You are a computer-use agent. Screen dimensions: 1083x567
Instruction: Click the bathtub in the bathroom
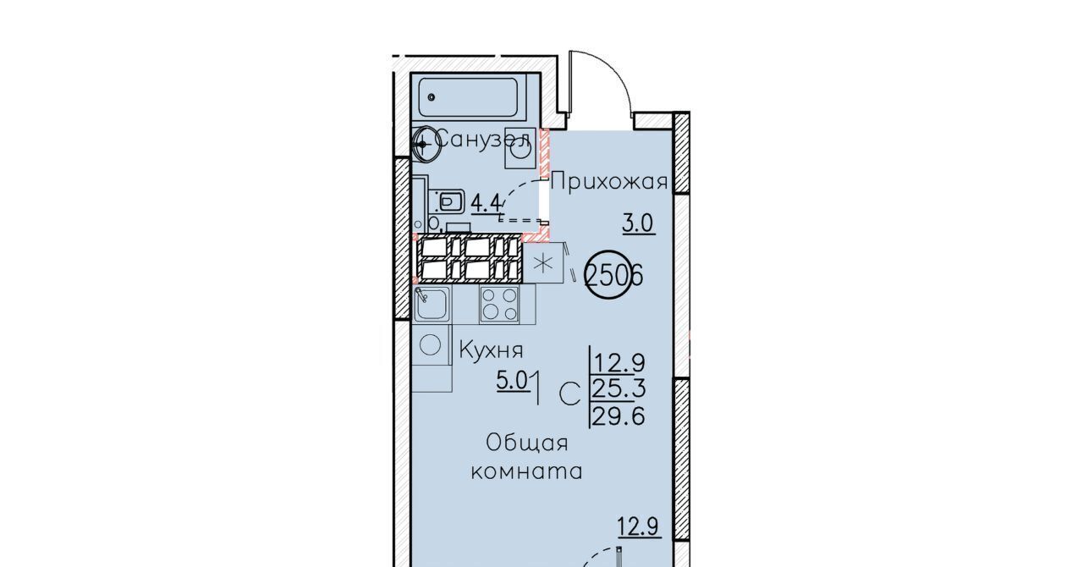(468, 97)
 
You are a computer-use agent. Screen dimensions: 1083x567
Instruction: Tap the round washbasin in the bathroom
(426, 144)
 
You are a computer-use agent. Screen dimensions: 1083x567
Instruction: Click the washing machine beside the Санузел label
(520, 148)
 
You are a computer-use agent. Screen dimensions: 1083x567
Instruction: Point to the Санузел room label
(482, 140)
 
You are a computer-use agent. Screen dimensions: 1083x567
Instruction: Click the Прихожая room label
(609, 182)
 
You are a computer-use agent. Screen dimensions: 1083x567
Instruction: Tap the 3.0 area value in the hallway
(638, 224)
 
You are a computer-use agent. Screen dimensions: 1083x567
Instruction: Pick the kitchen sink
(432, 303)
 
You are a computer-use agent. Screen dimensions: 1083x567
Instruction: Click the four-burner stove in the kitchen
(499, 304)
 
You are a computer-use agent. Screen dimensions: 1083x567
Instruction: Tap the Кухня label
(492, 350)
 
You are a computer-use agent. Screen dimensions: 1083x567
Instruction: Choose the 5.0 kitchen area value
(513, 381)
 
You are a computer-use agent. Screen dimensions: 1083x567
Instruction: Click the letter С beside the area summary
(569, 394)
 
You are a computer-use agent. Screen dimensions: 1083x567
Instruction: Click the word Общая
(527, 443)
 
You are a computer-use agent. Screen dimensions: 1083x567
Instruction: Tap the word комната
(527, 471)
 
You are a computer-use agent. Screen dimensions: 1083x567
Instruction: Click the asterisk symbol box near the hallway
(543, 262)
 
